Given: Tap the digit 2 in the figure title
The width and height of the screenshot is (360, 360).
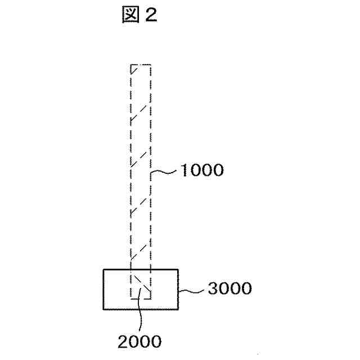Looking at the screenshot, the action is point(151,15).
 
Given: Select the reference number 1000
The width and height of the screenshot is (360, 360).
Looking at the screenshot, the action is point(201,170).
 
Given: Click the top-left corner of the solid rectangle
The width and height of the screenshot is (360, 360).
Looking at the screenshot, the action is point(103,270).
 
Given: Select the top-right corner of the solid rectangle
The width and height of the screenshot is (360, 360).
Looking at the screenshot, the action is point(178,270).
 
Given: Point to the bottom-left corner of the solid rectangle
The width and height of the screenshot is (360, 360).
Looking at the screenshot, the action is point(103,309).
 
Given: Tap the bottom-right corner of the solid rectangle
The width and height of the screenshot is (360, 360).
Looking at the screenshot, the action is point(178,309).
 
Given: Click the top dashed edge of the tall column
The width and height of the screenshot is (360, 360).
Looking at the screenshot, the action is point(141,65).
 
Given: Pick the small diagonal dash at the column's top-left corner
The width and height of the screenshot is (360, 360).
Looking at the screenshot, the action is point(134,69).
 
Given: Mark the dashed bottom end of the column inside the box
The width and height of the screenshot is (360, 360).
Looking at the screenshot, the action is point(141,299).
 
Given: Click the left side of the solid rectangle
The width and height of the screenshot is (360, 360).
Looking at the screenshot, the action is point(103,289).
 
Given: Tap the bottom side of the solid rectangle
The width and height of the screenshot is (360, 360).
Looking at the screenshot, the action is point(141,309).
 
